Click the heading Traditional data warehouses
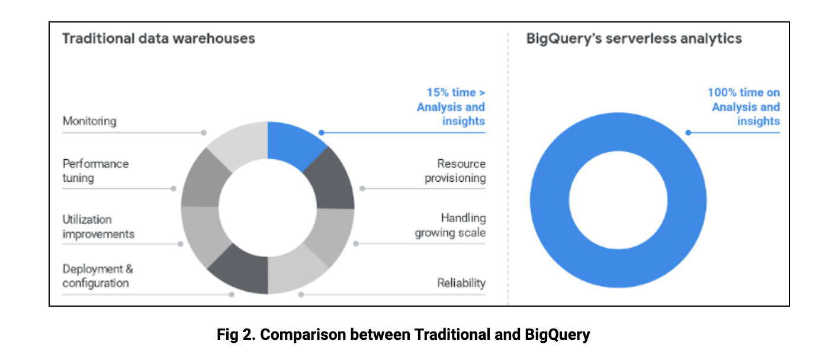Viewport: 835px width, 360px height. pyautogui.click(x=159, y=38)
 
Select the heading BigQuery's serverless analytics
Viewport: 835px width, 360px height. pyautogui.click(x=634, y=38)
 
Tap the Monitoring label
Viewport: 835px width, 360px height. pyautogui.click(x=89, y=121)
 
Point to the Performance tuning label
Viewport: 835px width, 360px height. pyautogui.click(x=95, y=171)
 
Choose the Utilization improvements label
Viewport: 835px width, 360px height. pyautogui.click(x=98, y=227)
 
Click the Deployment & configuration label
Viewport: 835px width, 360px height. pyautogui.click(x=98, y=276)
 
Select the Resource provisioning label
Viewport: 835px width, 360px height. pyautogui.click(x=455, y=171)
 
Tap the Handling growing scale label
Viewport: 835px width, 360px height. pyautogui.click(x=450, y=226)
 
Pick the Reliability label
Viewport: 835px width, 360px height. pyautogui.click(x=461, y=283)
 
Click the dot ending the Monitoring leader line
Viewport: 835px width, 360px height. pyautogui.click(x=204, y=133)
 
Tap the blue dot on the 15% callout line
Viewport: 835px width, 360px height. pyautogui.click(x=321, y=133)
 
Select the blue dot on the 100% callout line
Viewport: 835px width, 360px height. pyautogui.click(x=688, y=133)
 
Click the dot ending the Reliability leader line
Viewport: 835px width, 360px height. pyautogui.click(x=301, y=294)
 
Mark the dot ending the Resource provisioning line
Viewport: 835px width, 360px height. pyautogui.click(x=362, y=188)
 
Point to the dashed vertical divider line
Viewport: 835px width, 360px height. pyautogui.click(x=508, y=178)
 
